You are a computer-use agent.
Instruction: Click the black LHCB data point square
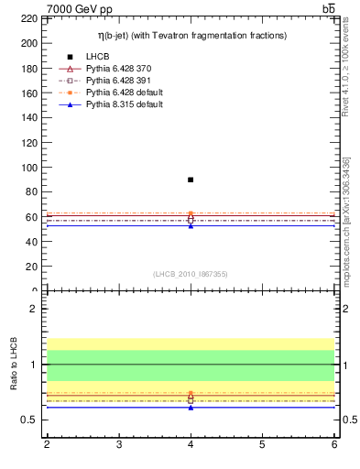(x=191, y=180)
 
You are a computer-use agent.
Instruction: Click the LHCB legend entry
(x=98, y=57)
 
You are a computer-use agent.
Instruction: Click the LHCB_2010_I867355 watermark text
(x=191, y=274)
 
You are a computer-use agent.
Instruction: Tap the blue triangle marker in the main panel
(x=191, y=224)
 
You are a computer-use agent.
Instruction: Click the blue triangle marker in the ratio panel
(x=191, y=407)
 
